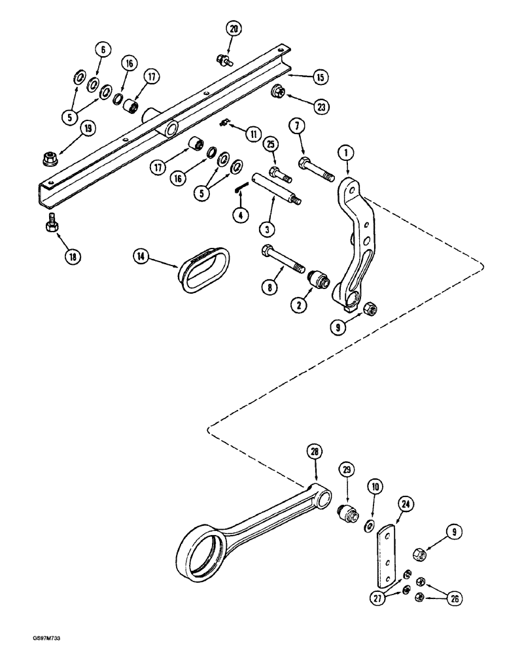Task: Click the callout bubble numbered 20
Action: (x=234, y=28)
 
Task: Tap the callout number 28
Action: (x=315, y=452)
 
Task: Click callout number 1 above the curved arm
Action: (x=345, y=152)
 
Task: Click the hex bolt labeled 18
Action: (x=50, y=224)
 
